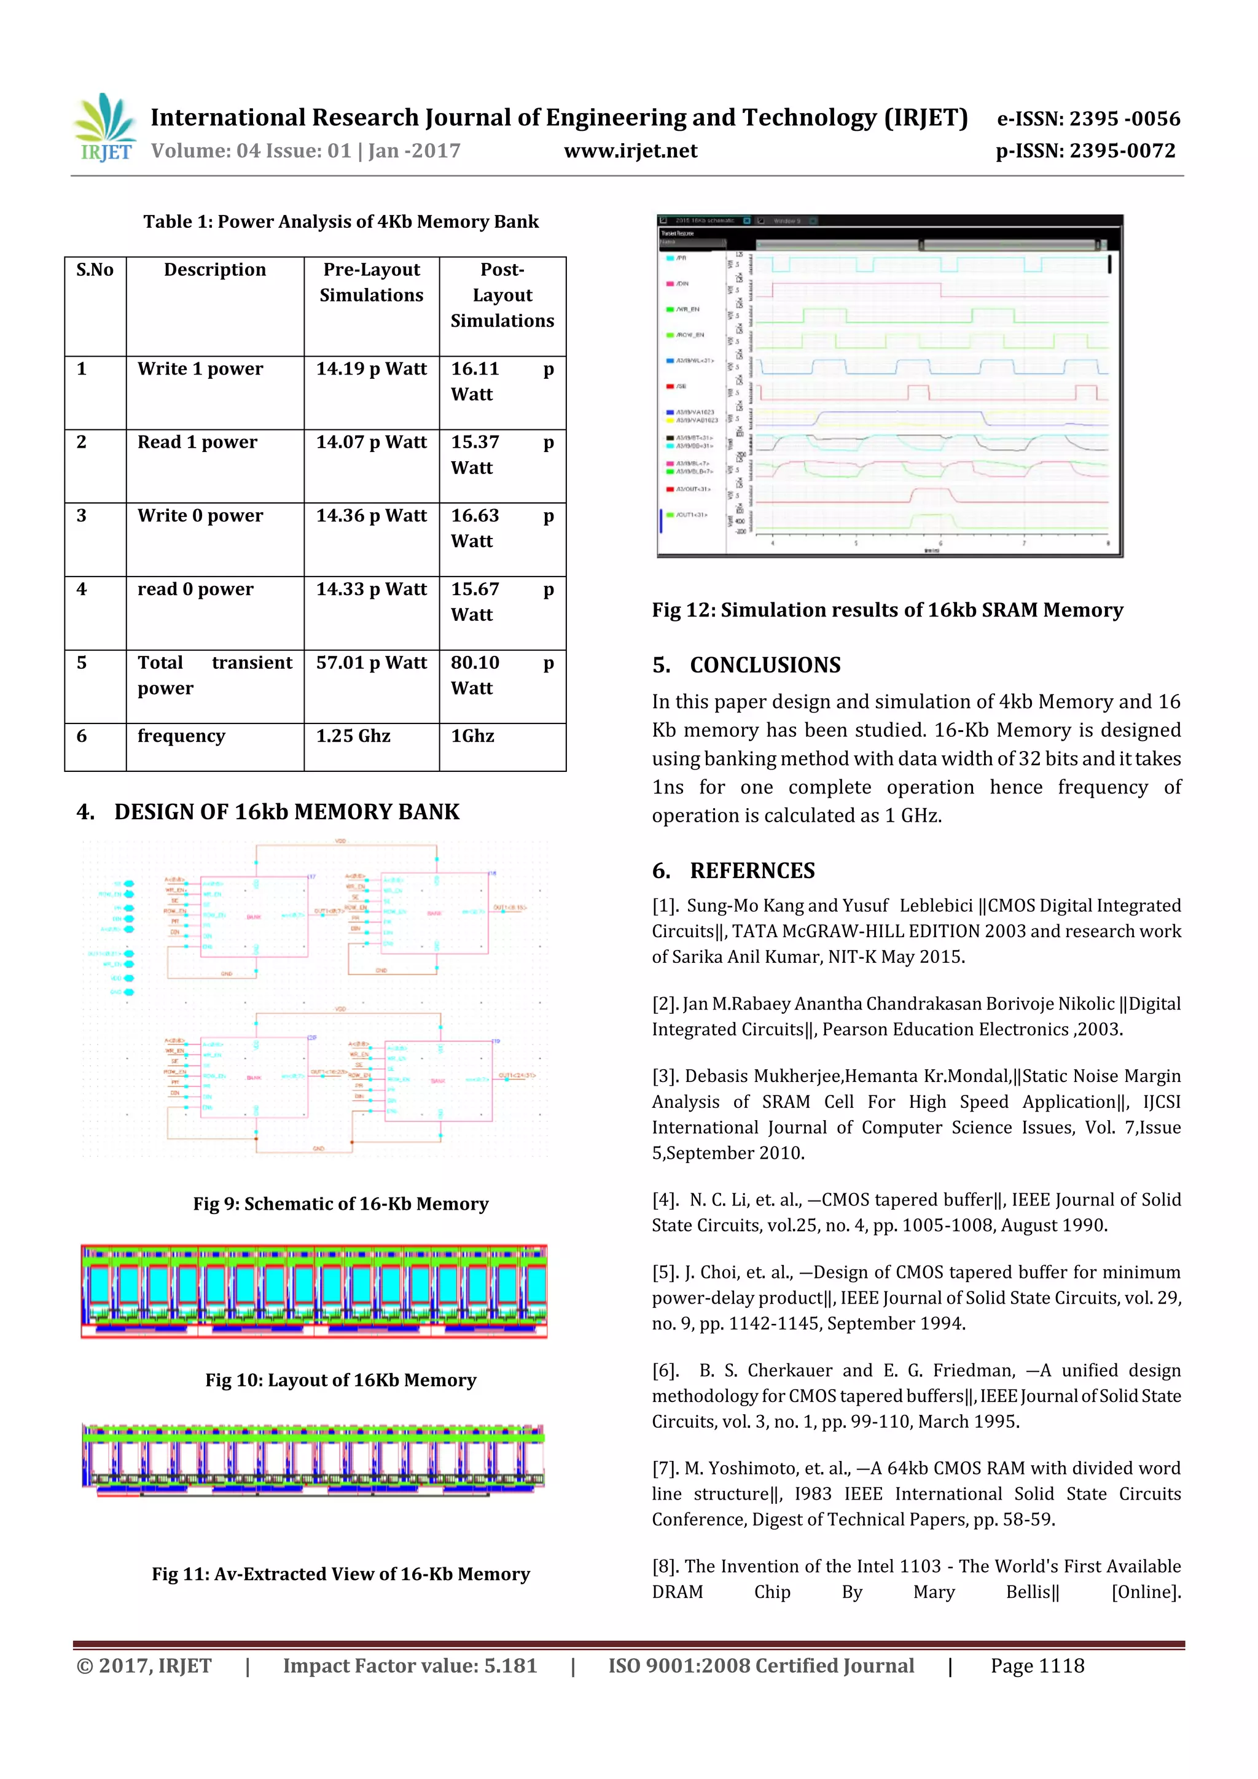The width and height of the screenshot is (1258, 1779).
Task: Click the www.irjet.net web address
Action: (x=630, y=151)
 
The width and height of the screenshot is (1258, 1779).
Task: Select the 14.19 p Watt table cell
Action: (x=371, y=370)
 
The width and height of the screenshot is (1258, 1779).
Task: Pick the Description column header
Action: (x=215, y=270)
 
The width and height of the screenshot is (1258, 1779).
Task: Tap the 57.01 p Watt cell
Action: (x=371, y=663)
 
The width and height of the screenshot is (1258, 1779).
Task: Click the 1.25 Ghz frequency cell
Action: (x=353, y=736)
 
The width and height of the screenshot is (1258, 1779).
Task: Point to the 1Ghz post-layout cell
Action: (x=473, y=736)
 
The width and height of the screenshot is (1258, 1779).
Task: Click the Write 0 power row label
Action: (x=200, y=516)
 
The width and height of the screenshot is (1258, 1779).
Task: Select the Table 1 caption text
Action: (x=340, y=222)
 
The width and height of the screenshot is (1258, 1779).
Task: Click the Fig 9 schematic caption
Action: (x=340, y=1204)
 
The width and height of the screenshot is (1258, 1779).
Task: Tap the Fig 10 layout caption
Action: (x=340, y=1380)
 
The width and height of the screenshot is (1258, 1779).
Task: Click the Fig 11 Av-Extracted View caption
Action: (x=340, y=1574)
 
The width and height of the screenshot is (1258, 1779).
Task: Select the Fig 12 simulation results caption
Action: (x=887, y=610)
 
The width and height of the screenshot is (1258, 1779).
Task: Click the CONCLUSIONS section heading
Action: (x=764, y=666)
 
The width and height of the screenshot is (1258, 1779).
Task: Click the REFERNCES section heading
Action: (x=752, y=871)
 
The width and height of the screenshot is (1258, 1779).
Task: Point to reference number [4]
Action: (x=665, y=1200)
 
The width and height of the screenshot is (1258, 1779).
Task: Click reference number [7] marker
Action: (x=665, y=1468)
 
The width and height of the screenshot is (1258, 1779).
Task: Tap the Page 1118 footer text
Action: (x=1037, y=1666)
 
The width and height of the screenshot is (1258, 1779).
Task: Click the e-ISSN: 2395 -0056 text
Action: (x=1087, y=119)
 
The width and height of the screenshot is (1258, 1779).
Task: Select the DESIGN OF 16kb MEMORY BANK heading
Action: (x=286, y=812)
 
